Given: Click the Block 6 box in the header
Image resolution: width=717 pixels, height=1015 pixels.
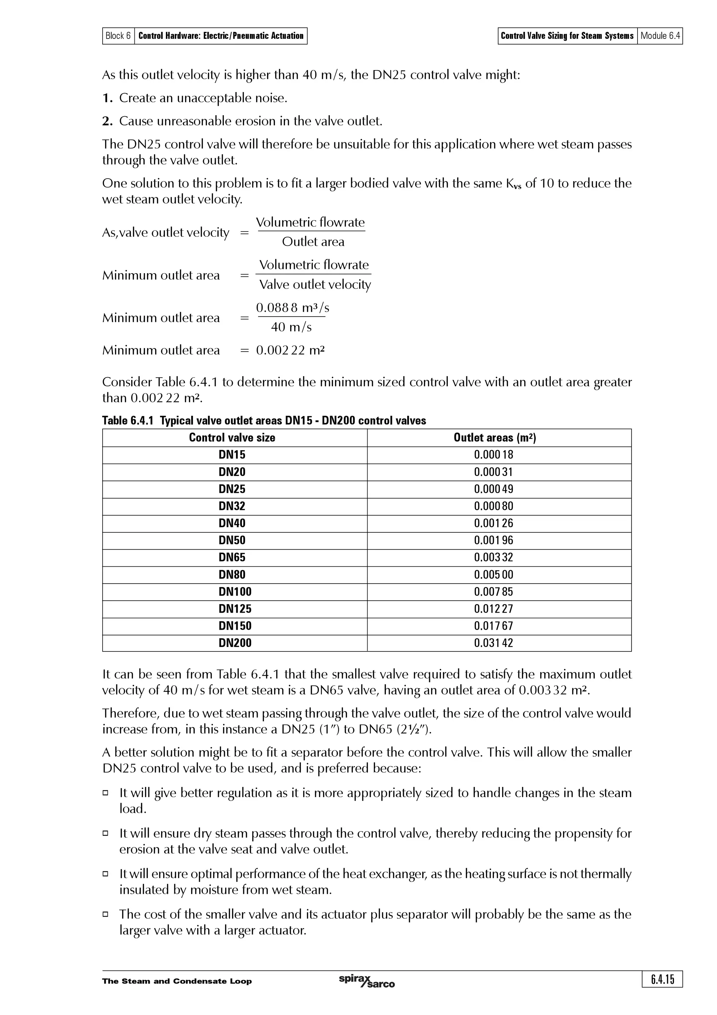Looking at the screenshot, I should tap(118, 36).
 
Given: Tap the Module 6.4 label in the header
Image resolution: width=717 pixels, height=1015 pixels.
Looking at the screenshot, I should tap(660, 36).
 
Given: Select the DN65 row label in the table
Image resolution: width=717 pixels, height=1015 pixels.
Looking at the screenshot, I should tap(231, 558).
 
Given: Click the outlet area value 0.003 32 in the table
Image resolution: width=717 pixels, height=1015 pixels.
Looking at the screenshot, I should tap(493, 558).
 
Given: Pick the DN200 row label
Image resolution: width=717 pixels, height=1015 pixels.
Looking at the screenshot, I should tap(235, 643).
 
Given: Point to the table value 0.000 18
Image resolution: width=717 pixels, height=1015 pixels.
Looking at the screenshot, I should tap(493, 455).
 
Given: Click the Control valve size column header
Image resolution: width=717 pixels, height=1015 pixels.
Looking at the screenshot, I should tap(232, 438).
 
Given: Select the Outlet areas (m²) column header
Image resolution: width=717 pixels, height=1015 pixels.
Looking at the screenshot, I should tap(494, 438).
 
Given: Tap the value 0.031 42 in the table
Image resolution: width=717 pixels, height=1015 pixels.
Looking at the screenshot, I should tap(493, 643).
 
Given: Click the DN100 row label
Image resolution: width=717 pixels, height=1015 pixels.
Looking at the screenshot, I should tap(235, 592).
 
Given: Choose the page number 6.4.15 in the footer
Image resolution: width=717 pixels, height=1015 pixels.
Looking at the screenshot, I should tap(662, 979).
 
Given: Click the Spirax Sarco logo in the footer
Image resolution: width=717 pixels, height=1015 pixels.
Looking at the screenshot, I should tap(366, 981).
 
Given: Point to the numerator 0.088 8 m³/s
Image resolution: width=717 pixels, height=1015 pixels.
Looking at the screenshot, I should tap(292, 308).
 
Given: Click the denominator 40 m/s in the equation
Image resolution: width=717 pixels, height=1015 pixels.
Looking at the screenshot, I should tap(291, 327).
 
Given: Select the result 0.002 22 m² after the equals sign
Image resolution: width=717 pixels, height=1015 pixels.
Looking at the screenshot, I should tap(290, 351).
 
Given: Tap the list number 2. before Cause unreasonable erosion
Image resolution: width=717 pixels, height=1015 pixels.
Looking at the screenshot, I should tap(107, 121).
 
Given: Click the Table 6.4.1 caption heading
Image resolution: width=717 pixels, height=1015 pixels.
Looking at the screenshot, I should tap(264, 420).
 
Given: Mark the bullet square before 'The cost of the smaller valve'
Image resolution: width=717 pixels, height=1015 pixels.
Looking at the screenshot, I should tap(106, 914).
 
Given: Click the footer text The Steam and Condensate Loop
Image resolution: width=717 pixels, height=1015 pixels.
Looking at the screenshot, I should tap(177, 981).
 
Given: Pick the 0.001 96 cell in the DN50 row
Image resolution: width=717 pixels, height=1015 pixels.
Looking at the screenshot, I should tap(493, 540).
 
